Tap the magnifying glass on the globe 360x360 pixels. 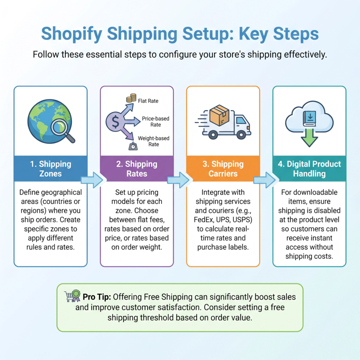(x=62, y=130)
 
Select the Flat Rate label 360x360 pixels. (x=148, y=101)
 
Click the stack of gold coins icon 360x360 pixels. (x=131, y=98)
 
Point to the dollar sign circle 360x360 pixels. (x=115, y=122)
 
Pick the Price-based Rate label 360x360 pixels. (x=155, y=122)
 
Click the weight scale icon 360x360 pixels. (x=133, y=146)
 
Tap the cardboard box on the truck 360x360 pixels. (x=219, y=115)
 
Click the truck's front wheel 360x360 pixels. (x=241, y=135)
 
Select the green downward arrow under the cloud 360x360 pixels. (x=309, y=138)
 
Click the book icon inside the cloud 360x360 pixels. (x=309, y=118)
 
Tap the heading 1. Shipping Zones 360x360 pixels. (x=51, y=169)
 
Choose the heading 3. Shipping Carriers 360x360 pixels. (x=223, y=169)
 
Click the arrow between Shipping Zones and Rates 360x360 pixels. (x=92, y=180)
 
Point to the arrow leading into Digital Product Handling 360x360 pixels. (x=264, y=180)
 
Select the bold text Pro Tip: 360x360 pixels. (x=97, y=297)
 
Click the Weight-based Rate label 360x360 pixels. (x=154, y=141)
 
